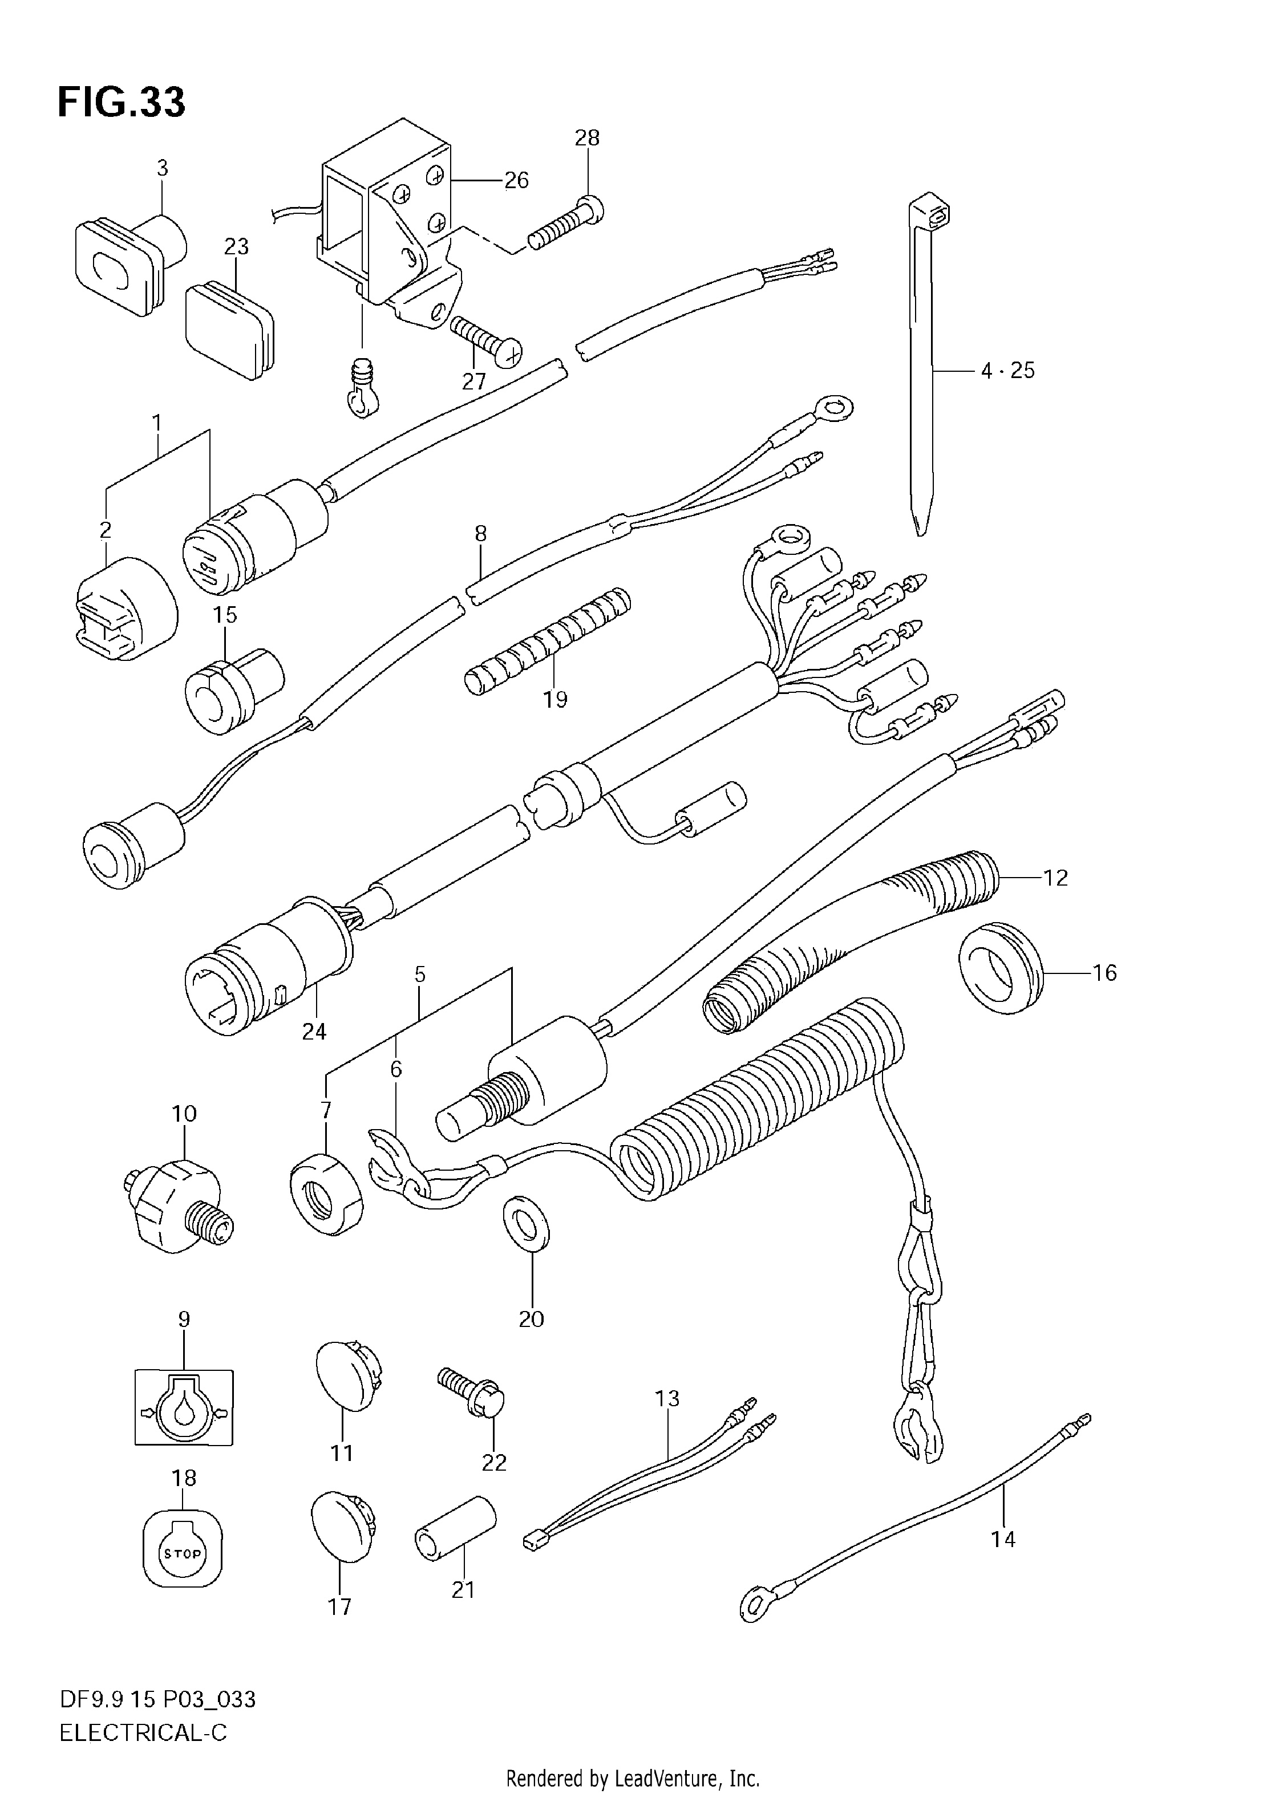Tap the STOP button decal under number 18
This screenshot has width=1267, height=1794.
[183, 1553]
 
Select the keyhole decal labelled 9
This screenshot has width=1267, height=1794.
[184, 1406]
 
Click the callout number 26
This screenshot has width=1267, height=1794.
[516, 181]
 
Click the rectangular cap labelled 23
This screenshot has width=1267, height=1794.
[230, 331]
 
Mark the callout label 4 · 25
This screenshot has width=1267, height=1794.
[1007, 370]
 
